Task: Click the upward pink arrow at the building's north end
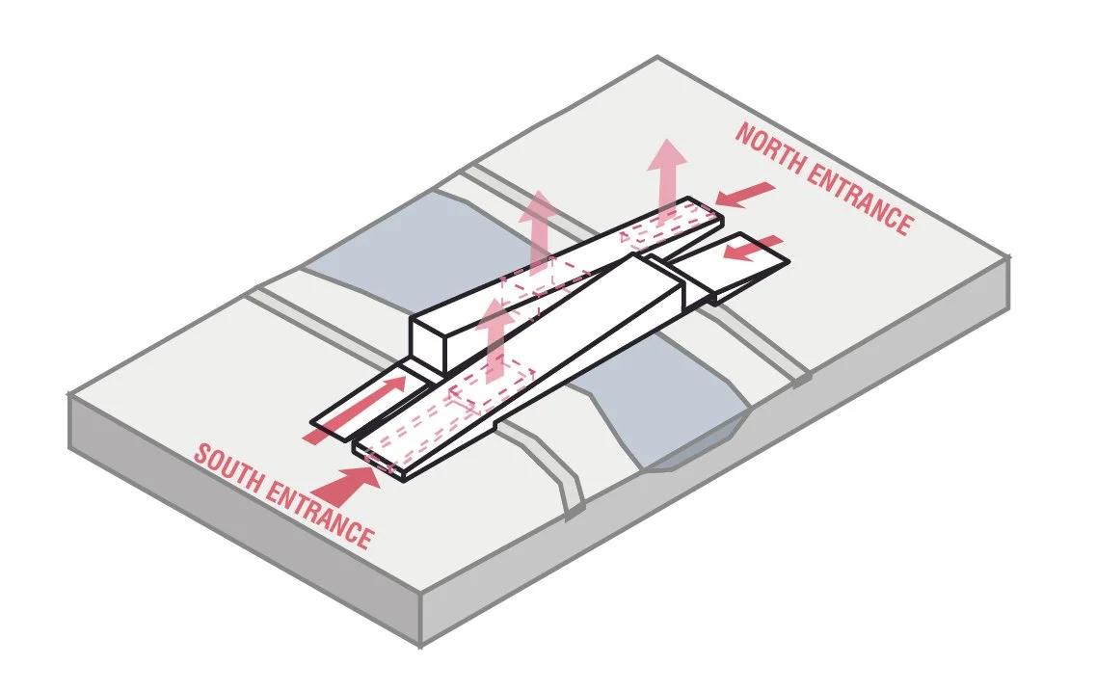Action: pyautogui.click(x=666, y=177)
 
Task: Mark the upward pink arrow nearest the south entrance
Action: pyautogui.click(x=495, y=337)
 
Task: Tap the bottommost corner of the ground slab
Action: pyautogui.click(x=421, y=644)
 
